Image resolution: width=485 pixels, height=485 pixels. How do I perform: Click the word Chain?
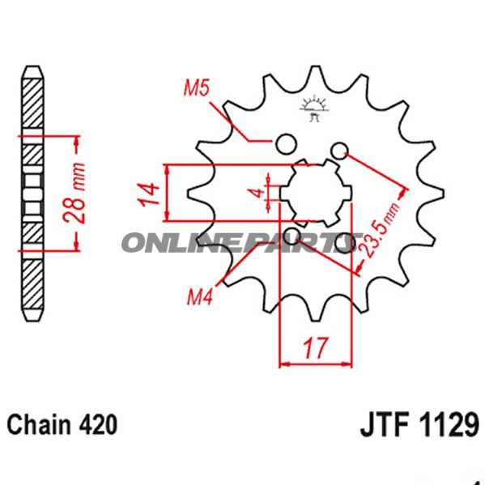click(x=39, y=424)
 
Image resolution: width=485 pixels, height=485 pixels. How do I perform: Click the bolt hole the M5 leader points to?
click(x=284, y=145)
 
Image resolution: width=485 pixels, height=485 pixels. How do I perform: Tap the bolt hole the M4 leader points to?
click(x=293, y=236)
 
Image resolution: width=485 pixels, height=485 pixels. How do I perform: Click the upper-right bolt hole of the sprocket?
click(x=339, y=149)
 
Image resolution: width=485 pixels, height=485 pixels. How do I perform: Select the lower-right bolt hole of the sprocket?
click(x=349, y=240)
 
